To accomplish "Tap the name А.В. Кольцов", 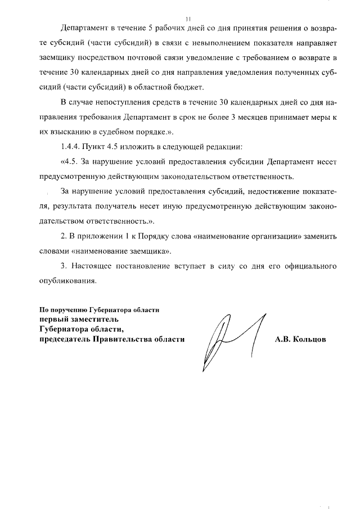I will (x=300, y=340).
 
